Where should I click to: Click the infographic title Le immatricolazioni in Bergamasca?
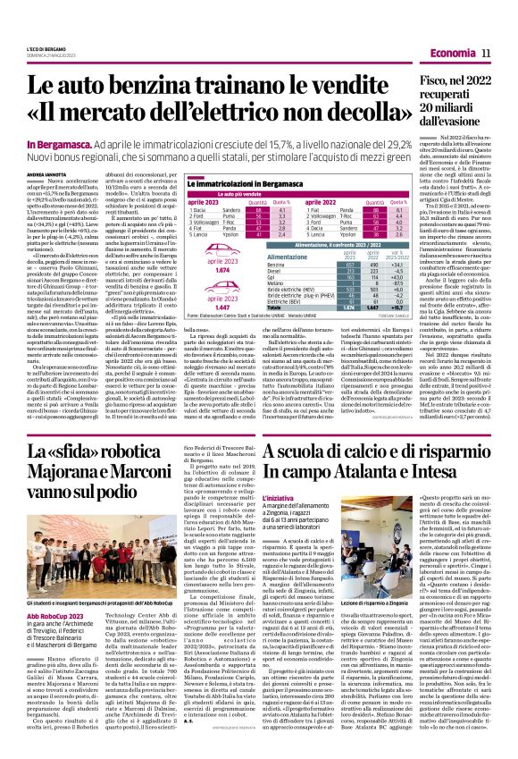point(227,183)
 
